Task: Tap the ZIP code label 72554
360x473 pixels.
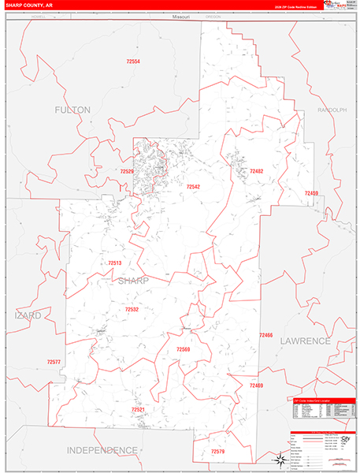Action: (x=132, y=61)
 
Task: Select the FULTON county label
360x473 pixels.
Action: (x=72, y=110)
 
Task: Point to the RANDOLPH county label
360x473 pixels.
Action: (x=332, y=110)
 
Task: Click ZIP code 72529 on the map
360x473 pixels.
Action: (x=128, y=170)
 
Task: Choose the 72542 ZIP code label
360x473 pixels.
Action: (x=193, y=187)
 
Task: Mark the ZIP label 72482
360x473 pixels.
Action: (x=256, y=171)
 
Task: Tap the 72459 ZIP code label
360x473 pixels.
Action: (x=311, y=193)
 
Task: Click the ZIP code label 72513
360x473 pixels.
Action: (x=115, y=263)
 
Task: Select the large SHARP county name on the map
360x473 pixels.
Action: (x=133, y=281)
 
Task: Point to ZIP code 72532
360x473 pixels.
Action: (x=132, y=310)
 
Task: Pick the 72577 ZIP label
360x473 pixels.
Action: (x=53, y=361)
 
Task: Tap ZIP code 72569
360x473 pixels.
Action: (x=184, y=348)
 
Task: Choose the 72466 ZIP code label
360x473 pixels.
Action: (x=265, y=335)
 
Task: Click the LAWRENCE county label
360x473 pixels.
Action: (x=306, y=341)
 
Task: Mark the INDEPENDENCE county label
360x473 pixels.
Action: (x=102, y=449)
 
